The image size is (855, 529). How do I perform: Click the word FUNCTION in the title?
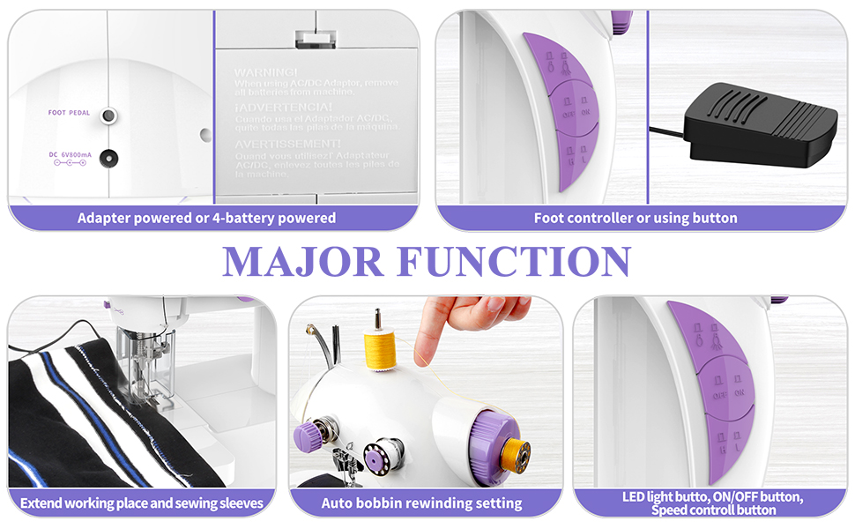tap(514, 262)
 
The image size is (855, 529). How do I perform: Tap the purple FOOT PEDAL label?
tap(68, 114)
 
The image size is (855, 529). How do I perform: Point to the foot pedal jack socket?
tap(108, 115)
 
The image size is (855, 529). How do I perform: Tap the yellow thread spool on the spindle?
tap(379, 350)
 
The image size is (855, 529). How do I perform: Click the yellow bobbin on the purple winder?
tap(514, 451)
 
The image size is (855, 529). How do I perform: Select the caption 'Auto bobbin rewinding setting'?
tap(421, 503)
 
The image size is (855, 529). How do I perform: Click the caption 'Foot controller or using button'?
tap(636, 218)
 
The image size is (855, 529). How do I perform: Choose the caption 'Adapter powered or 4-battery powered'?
tap(206, 218)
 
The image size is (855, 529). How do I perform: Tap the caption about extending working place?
tap(141, 503)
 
